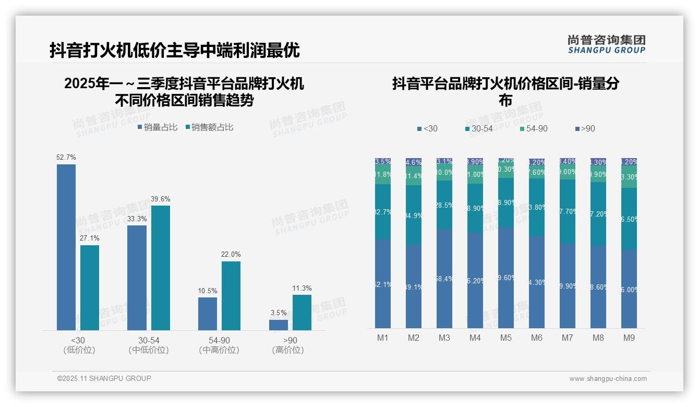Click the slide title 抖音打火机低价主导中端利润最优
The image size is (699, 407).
tap(174, 50)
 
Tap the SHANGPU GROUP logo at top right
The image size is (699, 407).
tap(606, 44)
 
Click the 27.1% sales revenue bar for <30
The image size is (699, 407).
tap(90, 288)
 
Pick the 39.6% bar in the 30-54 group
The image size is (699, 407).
tap(161, 268)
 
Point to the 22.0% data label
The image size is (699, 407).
tap(231, 255)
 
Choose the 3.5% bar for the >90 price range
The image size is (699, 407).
tap(279, 325)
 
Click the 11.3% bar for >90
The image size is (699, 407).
tap(302, 312)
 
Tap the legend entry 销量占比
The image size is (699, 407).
tap(158, 127)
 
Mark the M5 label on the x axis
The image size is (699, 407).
tap(505, 338)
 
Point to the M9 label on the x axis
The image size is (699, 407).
tap(629, 338)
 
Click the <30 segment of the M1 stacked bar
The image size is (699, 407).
tap(382, 284)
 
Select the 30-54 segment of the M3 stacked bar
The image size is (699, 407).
tap(444, 205)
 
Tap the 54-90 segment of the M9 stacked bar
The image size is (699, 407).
tap(629, 177)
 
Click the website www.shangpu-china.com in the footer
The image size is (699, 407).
tap(608, 379)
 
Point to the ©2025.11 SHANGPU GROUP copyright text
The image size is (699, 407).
tap(104, 378)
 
